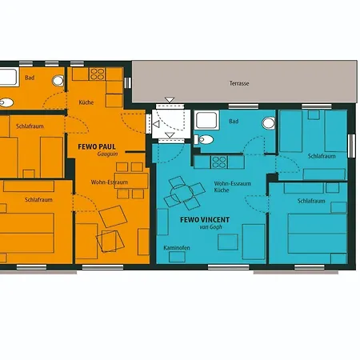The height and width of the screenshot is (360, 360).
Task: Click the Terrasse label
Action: click(x=239, y=83)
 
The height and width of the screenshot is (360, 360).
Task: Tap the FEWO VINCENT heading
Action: click(x=205, y=220)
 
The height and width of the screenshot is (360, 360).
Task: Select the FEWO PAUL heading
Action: click(x=97, y=146)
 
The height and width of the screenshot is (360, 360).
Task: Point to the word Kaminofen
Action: click(x=177, y=248)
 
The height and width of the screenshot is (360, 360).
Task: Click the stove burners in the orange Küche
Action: click(x=97, y=74)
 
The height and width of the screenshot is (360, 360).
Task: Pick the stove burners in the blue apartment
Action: click(x=219, y=162)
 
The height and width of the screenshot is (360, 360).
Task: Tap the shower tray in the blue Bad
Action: click(x=206, y=121)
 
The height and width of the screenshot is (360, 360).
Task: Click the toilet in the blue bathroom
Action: click(x=204, y=139)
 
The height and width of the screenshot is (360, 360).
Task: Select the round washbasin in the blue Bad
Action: click(x=269, y=123)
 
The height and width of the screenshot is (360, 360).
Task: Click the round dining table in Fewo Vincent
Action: click(x=182, y=193)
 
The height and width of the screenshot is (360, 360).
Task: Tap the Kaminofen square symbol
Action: click(x=177, y=257)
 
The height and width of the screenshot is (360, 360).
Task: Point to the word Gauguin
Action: click(x=107, y=154)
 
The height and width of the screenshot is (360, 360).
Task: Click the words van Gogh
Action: click(x=210, y=227)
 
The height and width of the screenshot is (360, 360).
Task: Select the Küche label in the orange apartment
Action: click(x=86, y=102)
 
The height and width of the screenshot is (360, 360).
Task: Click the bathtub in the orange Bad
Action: click(x=9, y=77)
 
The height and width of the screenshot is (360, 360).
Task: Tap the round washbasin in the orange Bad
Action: click(x=58, y=81)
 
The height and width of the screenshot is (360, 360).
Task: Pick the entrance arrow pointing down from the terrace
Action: click(x=170, y=100)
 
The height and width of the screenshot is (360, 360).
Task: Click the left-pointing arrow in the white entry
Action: click(x=156, y=124)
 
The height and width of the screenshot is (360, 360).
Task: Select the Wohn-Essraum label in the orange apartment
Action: click(x=110, y=182)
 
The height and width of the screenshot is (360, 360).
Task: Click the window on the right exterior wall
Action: click(x=352, y=146)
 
